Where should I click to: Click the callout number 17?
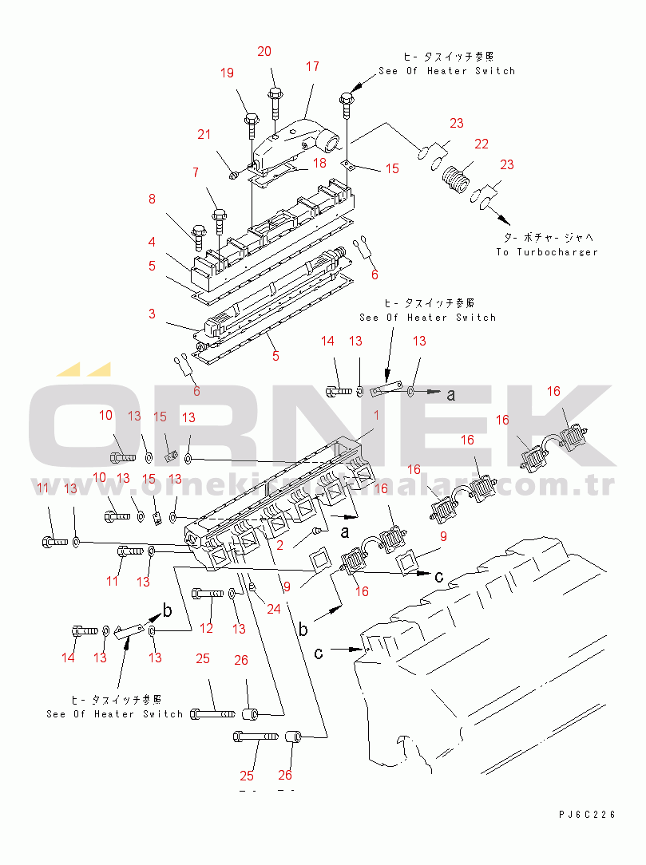(x=311, y=67)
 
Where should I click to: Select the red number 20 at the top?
(x=264, y=51)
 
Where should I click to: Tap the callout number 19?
(x=228, y=73)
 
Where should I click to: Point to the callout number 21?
(x=205, y=134)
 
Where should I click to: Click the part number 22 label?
(x=481, y=144)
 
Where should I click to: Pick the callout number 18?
(x=319, y=163)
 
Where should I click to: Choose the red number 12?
(x=207, y=629)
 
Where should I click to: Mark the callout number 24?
(x=274, y=609)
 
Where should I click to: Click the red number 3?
(x=152, y=314)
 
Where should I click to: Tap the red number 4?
(x=152, y=241)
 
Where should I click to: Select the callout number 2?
(x=279, y=545)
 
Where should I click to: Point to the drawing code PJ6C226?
(x=587, y=815)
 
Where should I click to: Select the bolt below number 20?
(x=275, y=100)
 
